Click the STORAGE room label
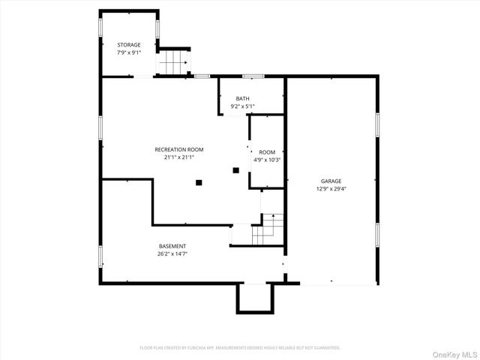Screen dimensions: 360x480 pos(128,45)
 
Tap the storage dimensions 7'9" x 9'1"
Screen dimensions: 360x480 pos(128,52)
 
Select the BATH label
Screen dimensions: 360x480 pos(242,98)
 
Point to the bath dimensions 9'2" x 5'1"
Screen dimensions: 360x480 pos(242,106)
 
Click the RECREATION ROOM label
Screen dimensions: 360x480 pos(178,149)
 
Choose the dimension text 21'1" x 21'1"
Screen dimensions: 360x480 pos(178,157)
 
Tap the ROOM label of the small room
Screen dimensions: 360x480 pos(267,151)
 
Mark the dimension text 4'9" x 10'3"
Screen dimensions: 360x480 pos(267,160)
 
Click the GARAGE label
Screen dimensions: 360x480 pos(331,181)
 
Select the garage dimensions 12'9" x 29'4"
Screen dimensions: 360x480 pos(331,189)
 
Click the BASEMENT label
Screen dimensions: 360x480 pos(172,246)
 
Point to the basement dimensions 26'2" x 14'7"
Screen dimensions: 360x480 pos(172,254)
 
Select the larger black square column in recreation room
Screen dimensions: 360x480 pos(199,181)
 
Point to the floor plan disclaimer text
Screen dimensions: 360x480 pos(240,348)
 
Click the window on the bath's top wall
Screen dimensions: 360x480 pos(253,76)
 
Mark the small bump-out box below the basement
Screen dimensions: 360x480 pos(253,298)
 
